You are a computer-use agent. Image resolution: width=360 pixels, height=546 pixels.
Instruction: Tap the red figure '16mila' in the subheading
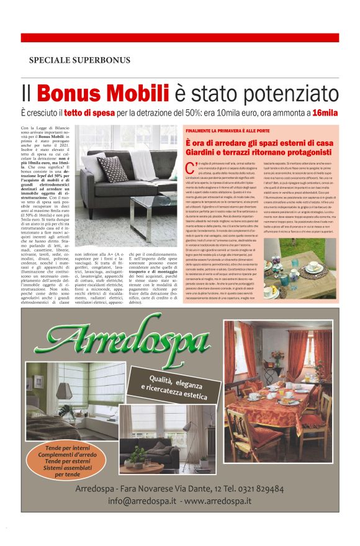click(x=325, y=114)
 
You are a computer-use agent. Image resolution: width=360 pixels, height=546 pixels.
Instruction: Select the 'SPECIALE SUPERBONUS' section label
click(x=79, y=60)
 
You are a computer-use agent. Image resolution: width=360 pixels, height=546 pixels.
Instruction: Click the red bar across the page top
click(x=179, y=38)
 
